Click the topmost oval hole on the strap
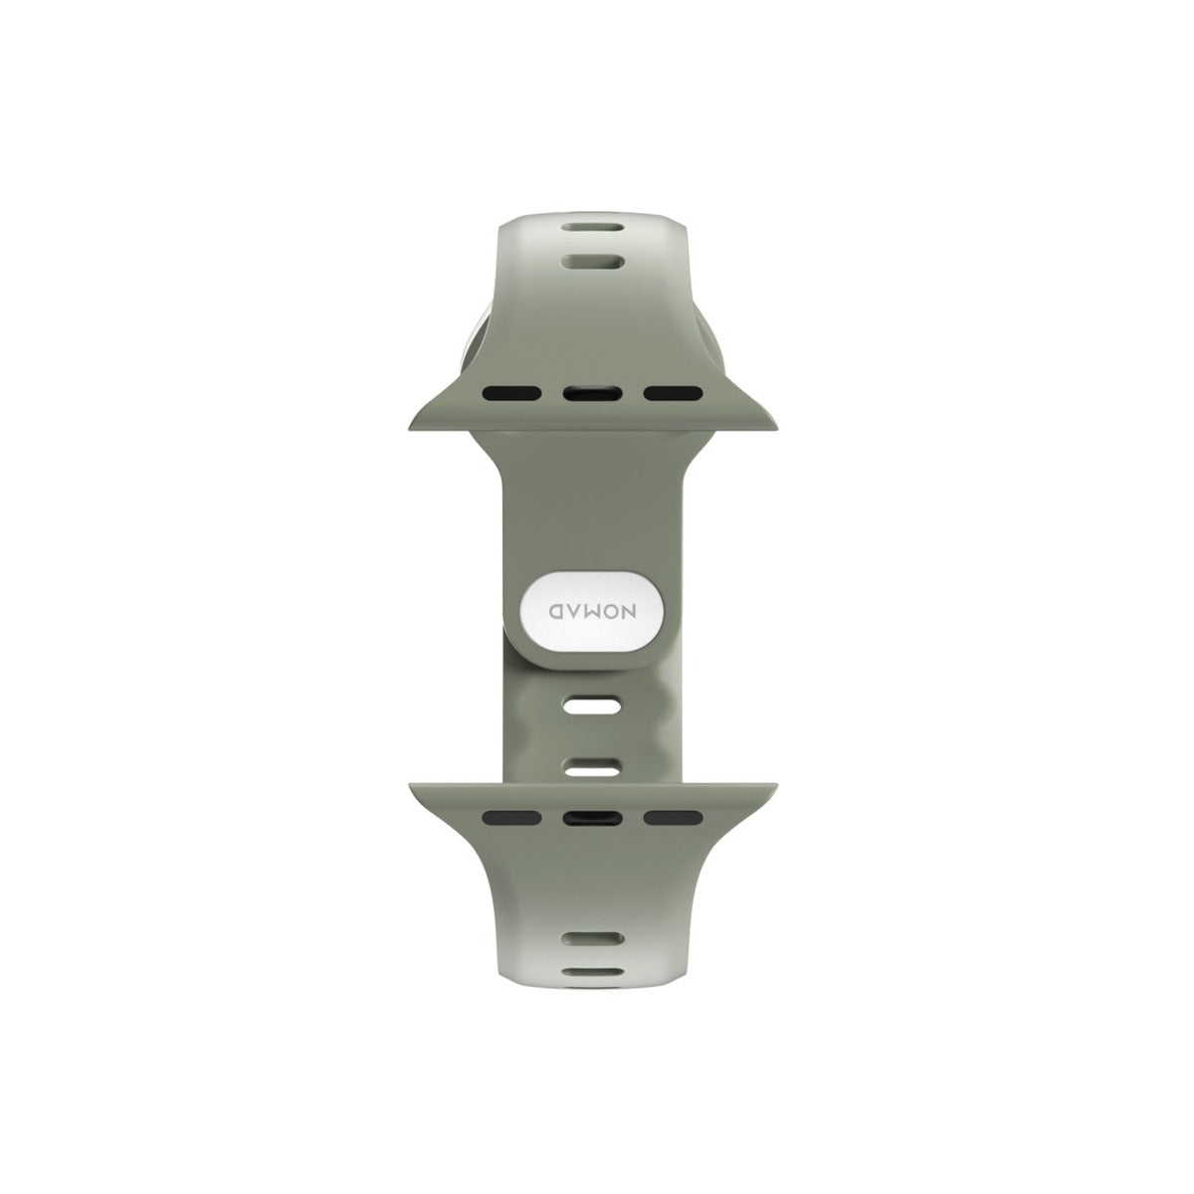point(592,229)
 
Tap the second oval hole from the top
point(592,262)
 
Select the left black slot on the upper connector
point(512,392)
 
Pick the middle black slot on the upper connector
point(592,392)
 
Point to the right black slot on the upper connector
point(673,392)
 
